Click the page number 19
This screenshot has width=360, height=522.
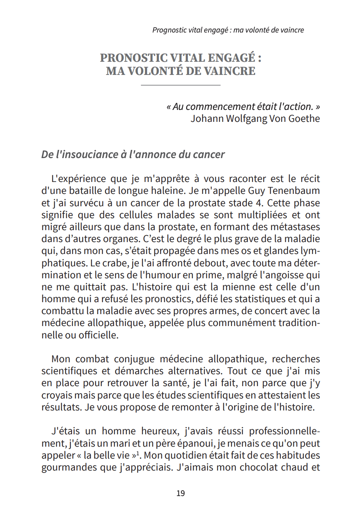tap(180, 493)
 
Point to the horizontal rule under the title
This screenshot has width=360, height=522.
tap(180, 85)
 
